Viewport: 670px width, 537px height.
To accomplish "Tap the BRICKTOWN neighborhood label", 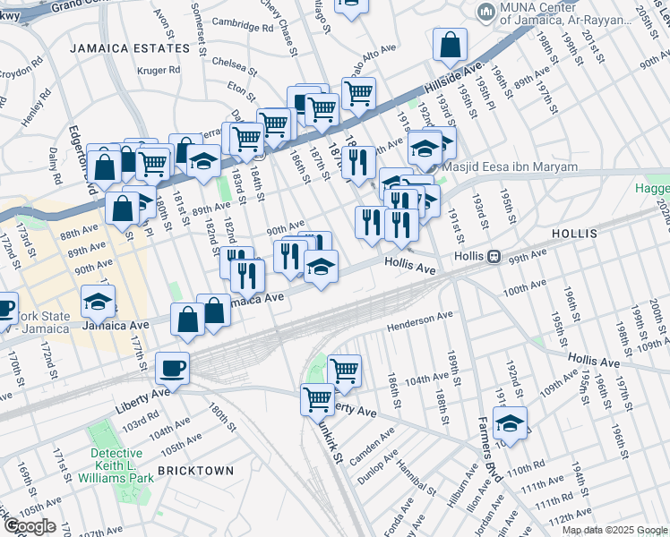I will (195, 470).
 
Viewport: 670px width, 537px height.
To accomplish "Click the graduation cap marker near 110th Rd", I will (509, 423).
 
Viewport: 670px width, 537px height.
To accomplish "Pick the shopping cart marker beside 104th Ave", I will (344, 370).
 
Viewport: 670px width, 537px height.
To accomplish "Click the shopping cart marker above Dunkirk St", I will (316, 397).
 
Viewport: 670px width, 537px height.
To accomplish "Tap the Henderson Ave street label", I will (420, 320).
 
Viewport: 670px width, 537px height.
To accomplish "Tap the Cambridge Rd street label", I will (240, 27).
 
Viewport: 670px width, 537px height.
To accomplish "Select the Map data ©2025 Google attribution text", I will (614, 530).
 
